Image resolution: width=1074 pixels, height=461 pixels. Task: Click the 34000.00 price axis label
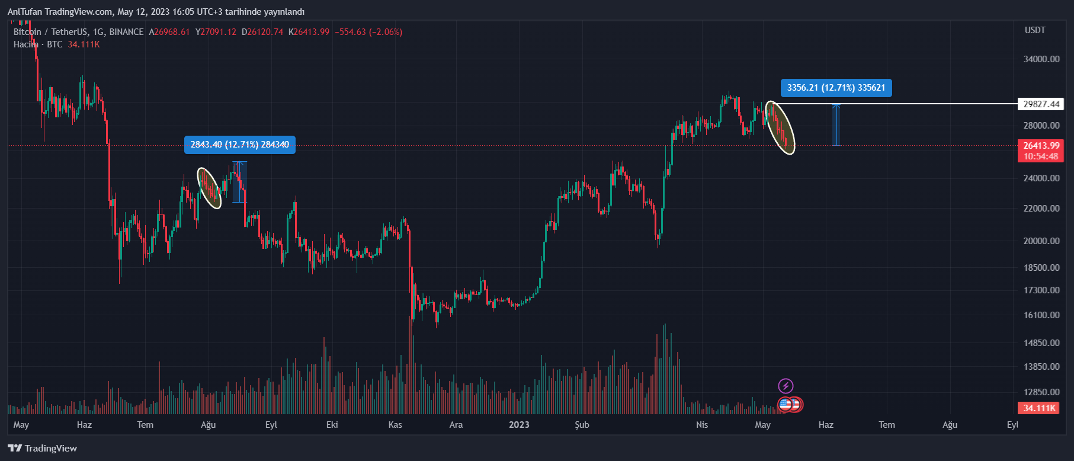tap(1041, 59)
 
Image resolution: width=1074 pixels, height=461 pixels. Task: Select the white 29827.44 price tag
tap(1041, 104)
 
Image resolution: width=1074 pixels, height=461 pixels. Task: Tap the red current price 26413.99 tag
tap(1041, 146)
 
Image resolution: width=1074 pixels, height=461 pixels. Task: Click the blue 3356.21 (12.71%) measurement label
tap(836, 88)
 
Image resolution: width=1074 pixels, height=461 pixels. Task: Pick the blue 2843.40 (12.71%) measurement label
tap(239, 145)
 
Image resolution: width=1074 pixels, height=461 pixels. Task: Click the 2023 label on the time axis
tap(519, 425)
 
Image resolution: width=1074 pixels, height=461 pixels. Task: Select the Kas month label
tap(395, 425)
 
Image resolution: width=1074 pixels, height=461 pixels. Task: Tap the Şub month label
tap(582, 425)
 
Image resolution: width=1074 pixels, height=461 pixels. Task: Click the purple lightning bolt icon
tap(786, 386)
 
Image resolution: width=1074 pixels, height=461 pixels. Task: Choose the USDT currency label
tap(1035, 30)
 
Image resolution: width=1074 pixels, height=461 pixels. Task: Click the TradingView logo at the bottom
tap(43, 448)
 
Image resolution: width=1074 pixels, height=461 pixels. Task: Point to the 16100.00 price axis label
tap(1041, 315)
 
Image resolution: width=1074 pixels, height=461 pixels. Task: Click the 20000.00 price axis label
tap(1041, 241)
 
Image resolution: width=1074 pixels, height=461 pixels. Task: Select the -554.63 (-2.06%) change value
tap(368, 32)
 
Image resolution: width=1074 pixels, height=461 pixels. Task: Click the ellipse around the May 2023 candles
tap(780, 128)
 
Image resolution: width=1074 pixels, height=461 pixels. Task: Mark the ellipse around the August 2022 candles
tap(209, 188)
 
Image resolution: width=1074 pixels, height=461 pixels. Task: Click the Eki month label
tap(332, 425)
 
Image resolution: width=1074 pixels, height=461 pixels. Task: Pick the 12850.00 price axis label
tap(1041, 392)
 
